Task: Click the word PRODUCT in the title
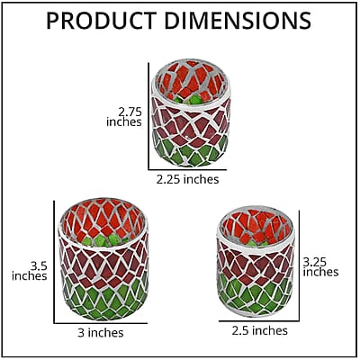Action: click(102, 21)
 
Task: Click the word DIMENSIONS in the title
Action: click(238, 21)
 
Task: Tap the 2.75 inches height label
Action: click(124, 117)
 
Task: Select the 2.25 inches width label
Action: click(187, 179)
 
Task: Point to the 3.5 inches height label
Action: click(30, 271)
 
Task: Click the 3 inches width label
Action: click(101, 333)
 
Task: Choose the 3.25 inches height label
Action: click(320, 267)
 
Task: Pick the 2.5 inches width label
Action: click(259, 330)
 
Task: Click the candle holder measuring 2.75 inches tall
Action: click(191, 113)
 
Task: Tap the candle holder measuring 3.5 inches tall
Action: click(103, 259)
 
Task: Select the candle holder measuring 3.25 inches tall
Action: click(256, 261)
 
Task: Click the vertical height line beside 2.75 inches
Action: click(148, 116)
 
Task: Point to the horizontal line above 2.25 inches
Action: click(187, 170)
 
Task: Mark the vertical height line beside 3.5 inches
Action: click(54, 262)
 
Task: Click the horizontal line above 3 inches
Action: click(101, 323)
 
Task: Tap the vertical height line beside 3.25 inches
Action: click(299, 265)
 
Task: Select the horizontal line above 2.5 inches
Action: click(259, 321)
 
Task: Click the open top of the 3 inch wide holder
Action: click(103, 222)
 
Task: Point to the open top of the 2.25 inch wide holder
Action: click(191, 82)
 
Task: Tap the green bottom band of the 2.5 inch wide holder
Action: click(256, 294)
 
